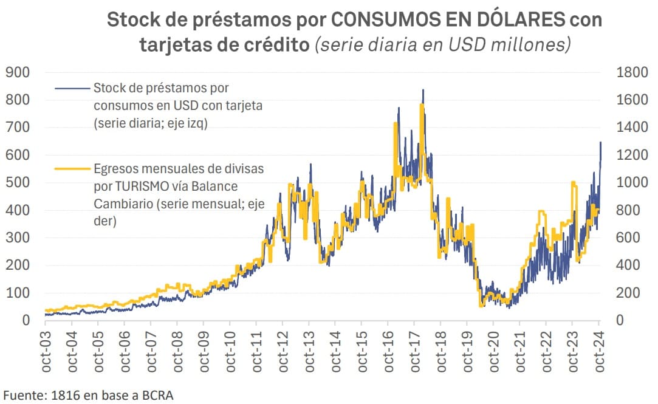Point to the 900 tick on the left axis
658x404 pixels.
(18, 72)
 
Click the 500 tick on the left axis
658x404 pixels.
(18, 182)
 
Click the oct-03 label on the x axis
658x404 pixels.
(46, 354)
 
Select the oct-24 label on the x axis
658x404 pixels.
(599, 354)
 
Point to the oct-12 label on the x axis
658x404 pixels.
(283, 354)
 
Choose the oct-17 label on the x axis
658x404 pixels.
(415, 354)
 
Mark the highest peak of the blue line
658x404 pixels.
(423, 91)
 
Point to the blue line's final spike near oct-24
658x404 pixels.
(600, 143)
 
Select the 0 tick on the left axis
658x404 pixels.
(26, 320)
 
